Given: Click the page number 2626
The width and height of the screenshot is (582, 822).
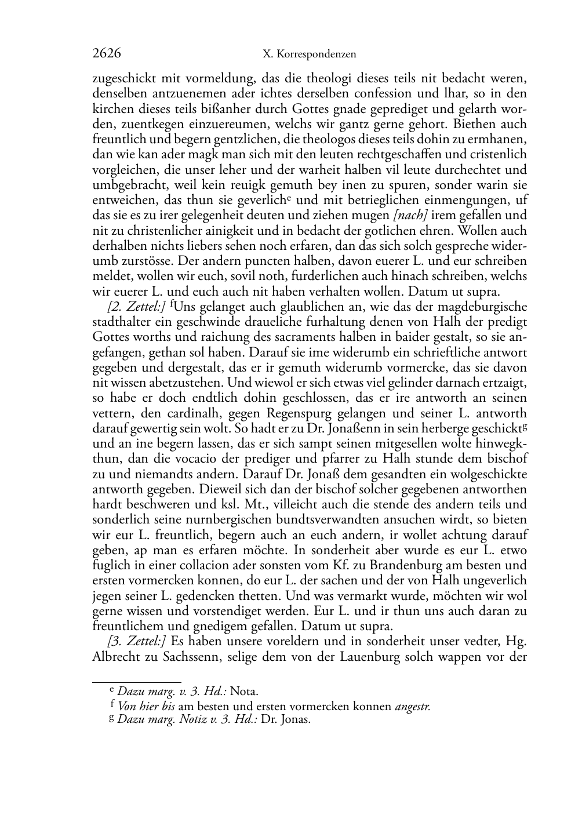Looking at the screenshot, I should (x=107, y=53).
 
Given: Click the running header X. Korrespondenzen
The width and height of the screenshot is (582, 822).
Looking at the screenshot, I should (x=309, y=54).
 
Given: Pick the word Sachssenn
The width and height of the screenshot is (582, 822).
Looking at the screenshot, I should (x=184, y=657).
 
